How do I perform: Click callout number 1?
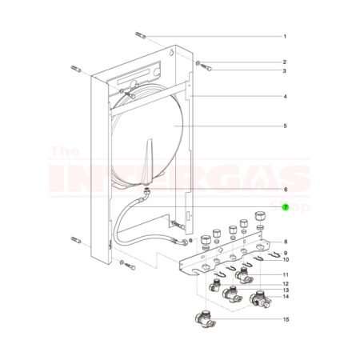coord(284,37)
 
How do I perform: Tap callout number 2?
coord(284,62)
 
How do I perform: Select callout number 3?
coord(284,71)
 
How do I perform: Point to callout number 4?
coord(284,97)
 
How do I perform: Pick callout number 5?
coord(284,126)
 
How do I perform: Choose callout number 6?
coord(284,189)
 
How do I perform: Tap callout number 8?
coord(284,241)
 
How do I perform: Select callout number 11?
coord(284,274)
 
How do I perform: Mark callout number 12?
coord(284,283)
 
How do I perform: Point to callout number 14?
coord(284,297)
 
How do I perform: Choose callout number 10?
coord(284,260)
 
